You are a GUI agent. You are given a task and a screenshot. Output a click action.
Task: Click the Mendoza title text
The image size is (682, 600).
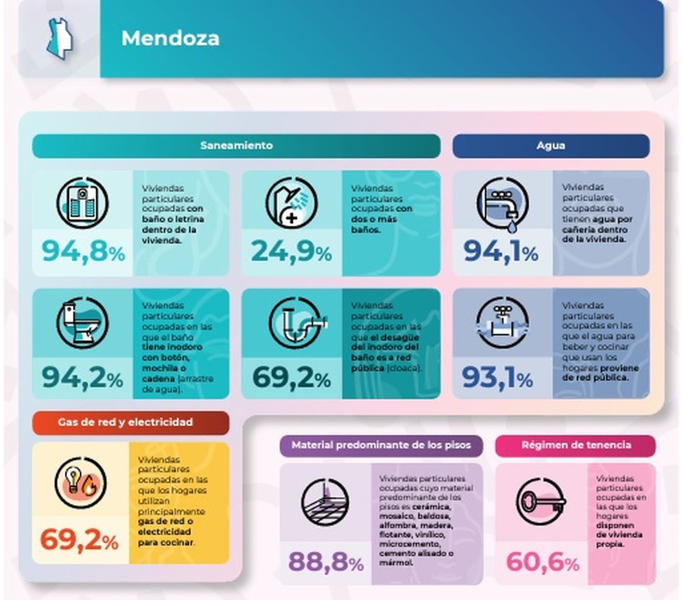click(170, 39)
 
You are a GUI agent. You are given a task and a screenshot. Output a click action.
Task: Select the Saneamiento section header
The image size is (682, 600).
click(236, 145)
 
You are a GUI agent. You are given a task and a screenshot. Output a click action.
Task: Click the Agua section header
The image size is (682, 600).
click(550, 145)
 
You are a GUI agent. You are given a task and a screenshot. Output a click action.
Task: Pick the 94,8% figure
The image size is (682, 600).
click(83, 251)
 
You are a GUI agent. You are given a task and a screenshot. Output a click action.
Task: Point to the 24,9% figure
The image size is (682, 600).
click(291, 251)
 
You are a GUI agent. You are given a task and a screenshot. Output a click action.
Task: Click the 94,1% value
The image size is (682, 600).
click(501, 251)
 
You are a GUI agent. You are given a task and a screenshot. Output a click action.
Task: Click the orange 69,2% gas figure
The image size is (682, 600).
click(80, 540)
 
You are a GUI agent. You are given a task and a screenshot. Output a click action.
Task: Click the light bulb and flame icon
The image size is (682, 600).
click(81, 482)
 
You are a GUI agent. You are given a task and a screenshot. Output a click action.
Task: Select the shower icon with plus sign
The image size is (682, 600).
click(291, 203)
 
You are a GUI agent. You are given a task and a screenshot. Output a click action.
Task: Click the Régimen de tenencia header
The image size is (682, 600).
click(576, 445)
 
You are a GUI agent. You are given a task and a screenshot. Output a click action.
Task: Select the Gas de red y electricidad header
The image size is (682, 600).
click(125, 422)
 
